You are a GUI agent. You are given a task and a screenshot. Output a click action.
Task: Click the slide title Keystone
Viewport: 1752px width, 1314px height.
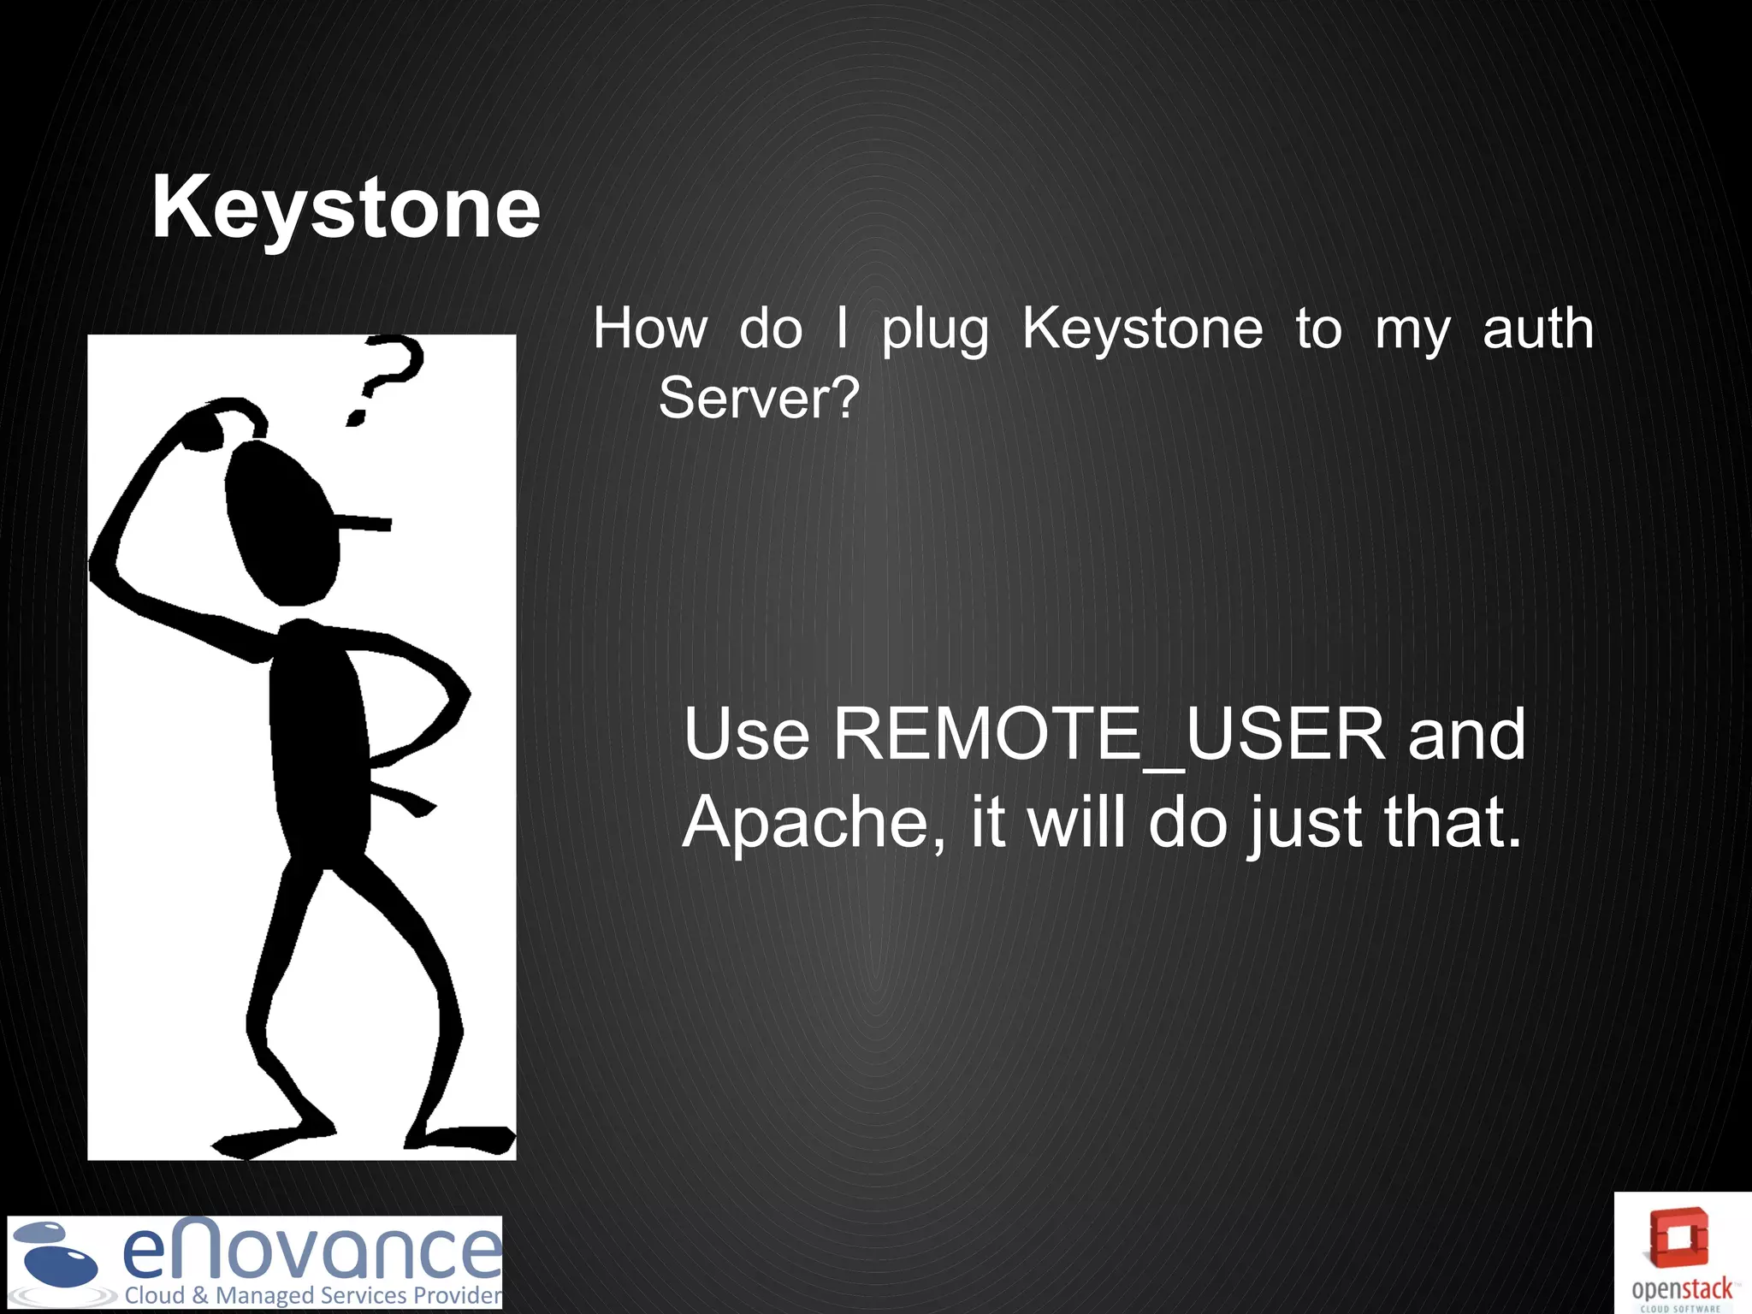(x=346, y=208)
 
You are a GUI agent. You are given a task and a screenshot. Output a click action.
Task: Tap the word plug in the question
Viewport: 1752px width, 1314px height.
(x=935, y=330)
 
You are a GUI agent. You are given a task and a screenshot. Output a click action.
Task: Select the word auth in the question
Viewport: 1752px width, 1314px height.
(x=1537, y=328)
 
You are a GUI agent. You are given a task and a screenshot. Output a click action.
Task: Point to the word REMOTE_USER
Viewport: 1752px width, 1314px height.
(x=1109, y=735)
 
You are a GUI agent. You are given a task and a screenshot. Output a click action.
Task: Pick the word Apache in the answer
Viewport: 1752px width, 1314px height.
(x=814, y=822)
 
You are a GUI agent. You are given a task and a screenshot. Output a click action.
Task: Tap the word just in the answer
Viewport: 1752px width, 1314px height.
(x=1304, y=824)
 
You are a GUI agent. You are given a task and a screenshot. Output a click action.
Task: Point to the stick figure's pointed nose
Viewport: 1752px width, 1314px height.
(x=364, y=522)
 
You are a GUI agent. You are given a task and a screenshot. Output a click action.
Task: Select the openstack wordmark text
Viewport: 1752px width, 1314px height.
(x=1681, y=1289)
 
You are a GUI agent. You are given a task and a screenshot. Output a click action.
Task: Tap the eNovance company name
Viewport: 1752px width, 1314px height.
(x=311, y=1250)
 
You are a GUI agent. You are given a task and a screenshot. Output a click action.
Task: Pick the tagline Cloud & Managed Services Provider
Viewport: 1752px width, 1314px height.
(x=313, y=1295)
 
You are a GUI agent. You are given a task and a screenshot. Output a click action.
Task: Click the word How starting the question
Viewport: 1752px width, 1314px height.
(x=650, y=328)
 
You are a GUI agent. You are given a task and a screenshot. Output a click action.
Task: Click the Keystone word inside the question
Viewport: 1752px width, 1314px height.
(x=1142, y=328)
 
